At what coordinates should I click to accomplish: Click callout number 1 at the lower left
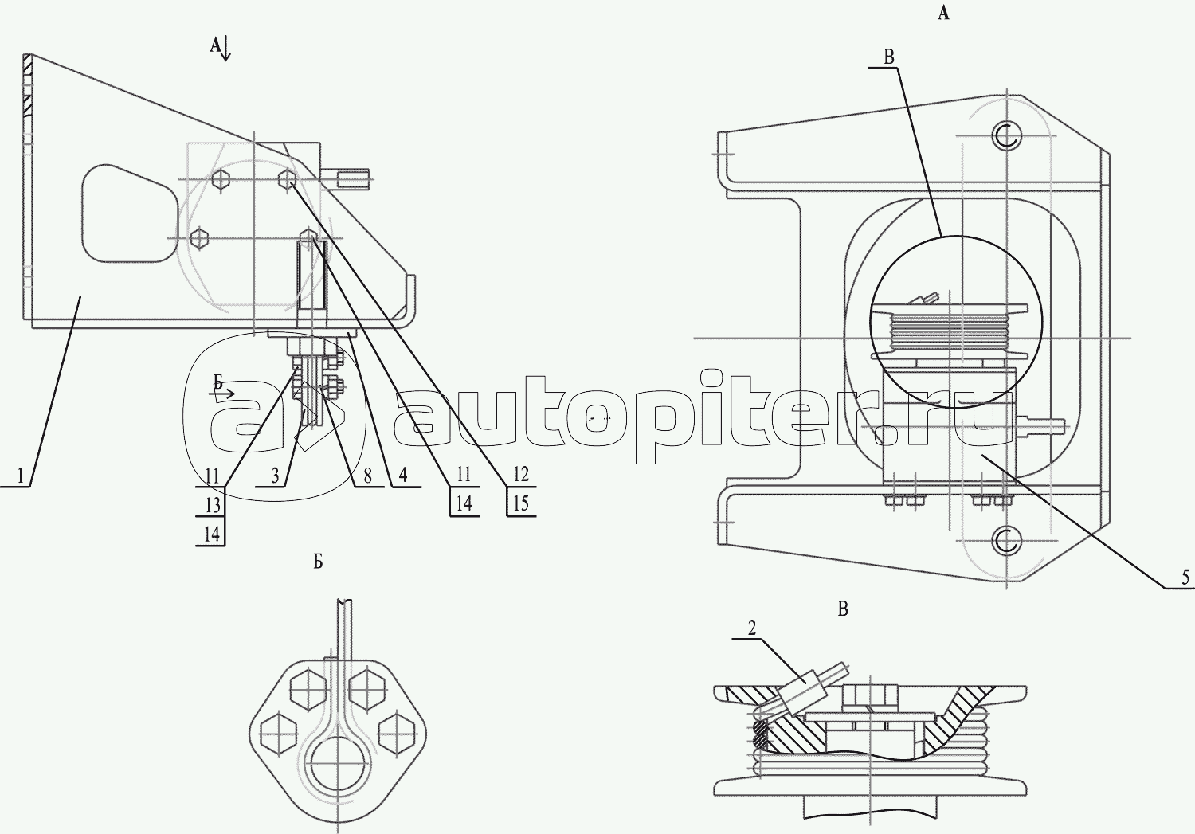point(22,476)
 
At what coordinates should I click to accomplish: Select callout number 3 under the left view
point(276,476)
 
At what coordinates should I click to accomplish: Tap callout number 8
point(367,476)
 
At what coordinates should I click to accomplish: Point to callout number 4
point(403,476)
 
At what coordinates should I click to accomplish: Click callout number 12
point(521,475)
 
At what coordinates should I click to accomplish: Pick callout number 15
point(521,504)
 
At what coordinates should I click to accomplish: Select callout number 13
point(212,505)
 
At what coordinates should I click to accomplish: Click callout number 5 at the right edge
point(1185,578)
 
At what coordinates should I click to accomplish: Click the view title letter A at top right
point(943,14)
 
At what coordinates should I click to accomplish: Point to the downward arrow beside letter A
point(226,50)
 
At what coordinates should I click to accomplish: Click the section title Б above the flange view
point(318,562)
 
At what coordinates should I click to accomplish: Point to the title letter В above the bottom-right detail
point(843,609)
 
